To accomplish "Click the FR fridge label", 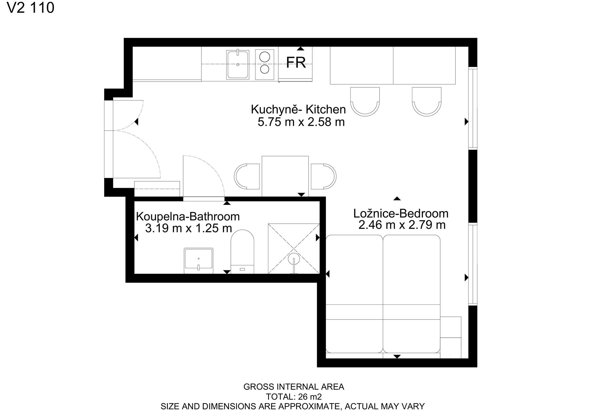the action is point(296,63).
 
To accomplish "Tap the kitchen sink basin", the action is point(238,65).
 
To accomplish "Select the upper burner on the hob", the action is point(265,57).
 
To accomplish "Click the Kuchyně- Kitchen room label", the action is point(298,109).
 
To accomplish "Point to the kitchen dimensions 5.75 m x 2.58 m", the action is point(301,122).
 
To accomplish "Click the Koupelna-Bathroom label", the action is point(188,216).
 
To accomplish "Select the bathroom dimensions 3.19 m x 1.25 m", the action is point(188,228).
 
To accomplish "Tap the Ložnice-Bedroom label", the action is point(401,213).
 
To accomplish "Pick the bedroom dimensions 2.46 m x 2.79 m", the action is point(402,225).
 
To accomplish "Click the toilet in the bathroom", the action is point(242,252).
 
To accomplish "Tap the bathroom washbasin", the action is point(199,260).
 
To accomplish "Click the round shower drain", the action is point(294,258).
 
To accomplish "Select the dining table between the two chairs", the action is point(285,176).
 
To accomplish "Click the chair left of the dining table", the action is point(247,176).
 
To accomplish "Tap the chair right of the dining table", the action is point(323,176).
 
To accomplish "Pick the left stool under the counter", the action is point(365,102).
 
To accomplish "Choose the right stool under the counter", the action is point(427,102).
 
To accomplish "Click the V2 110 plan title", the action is point(31,8).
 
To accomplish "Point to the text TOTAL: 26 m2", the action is point(294,396).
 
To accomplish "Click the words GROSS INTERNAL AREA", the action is point(294,387).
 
